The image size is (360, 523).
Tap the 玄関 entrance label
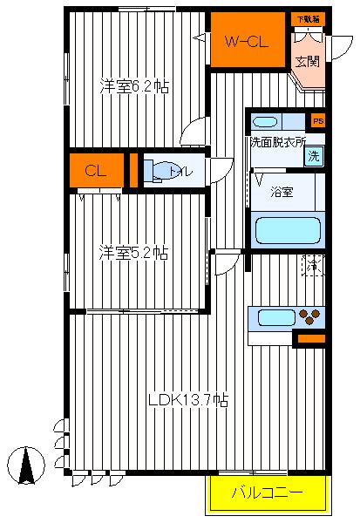pyautogui.click(x=306, y=61)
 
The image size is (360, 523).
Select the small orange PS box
pyautogui.click(x=317, y=121)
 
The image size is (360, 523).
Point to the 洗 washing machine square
pyautogui.click(x=314, y=158)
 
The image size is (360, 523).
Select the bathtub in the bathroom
pyautogui.click(x=287, y=231)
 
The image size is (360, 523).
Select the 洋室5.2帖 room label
pyautogui.click(x=132, y=253)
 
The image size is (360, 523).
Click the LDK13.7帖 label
pyautogui.click(x=188, y=400)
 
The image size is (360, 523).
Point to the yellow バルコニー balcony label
pyautogui.click(x=268, y=493)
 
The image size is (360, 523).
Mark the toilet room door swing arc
pyautogui.click(x=221, y=166)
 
